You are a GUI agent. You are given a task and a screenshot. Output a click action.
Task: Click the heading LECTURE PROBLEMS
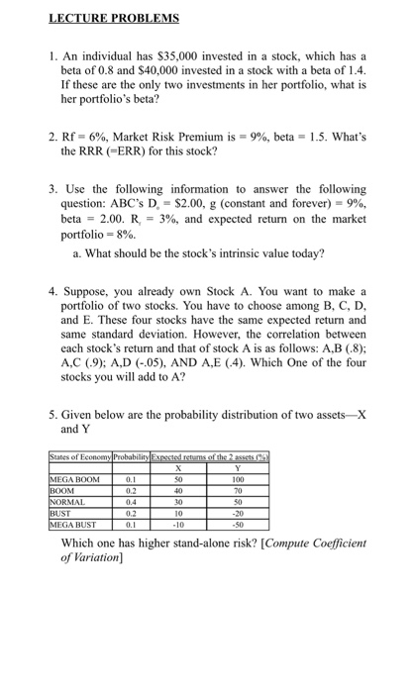[117, 18]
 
